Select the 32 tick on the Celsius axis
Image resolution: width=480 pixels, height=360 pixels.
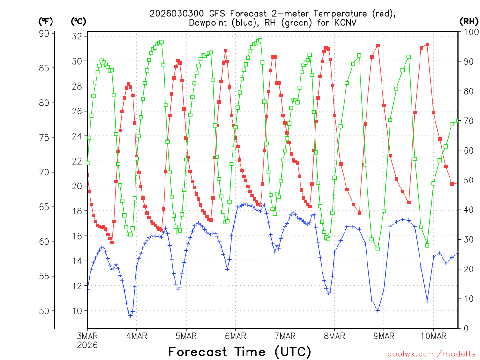point(77,36)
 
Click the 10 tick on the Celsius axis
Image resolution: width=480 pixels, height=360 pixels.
point(77,311)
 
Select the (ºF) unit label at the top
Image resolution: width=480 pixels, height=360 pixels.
point(46,21)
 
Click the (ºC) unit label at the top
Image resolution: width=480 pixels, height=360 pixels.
point(78,21)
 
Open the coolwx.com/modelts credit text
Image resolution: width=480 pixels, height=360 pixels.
point(431,353)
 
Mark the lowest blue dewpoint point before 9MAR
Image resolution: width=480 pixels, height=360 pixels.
point(378,310)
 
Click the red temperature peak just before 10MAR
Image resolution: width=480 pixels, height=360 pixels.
point(427,45)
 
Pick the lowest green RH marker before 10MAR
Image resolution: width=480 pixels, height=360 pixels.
point(427,245)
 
